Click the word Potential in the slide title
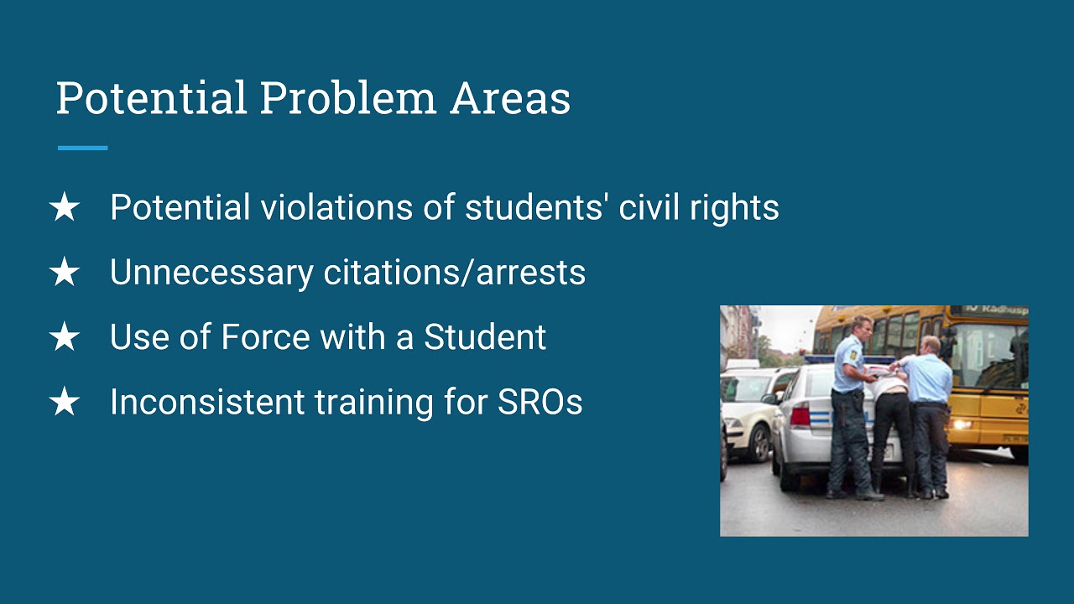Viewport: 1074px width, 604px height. [151, 98]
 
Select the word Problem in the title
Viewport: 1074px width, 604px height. [347, 98]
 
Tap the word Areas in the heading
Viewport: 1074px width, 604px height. [510, 98]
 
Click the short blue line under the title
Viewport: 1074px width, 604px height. [82, 148]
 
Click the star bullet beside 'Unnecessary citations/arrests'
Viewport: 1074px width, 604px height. [65, 273]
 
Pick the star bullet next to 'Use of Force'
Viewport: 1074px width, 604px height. [65, 338]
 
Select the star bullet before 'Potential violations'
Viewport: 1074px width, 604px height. [65, 208]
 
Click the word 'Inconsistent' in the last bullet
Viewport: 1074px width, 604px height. [207, 403]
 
